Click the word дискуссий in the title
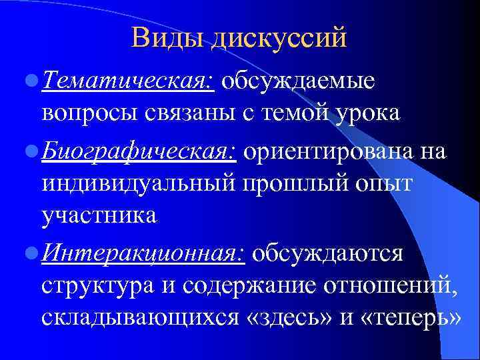coord(279,37)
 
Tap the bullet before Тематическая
coord(31,82)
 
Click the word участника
coord(99,215)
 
